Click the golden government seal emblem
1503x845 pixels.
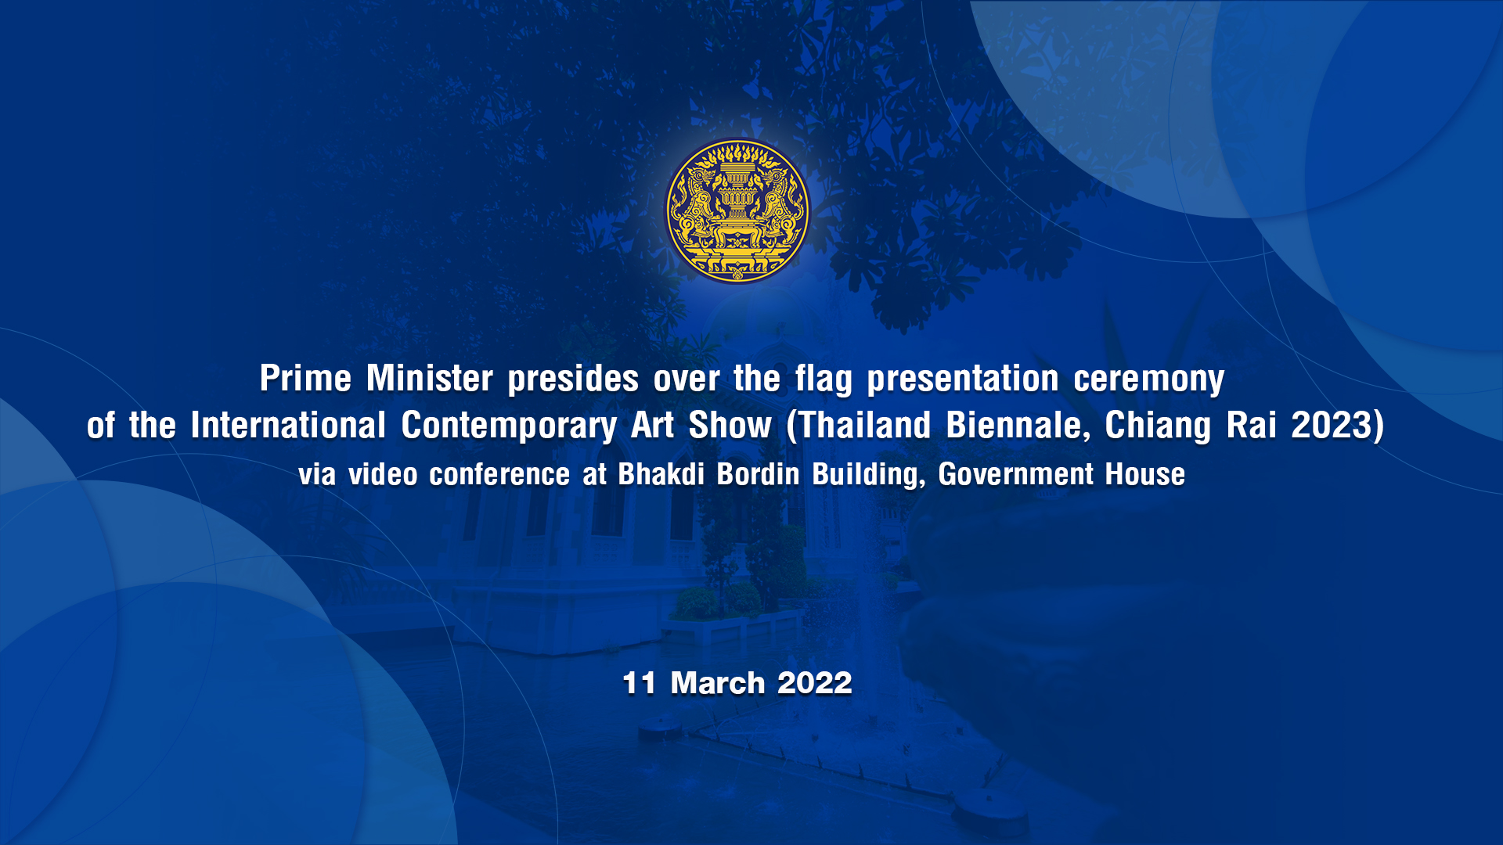point(737,210)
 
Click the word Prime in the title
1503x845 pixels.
point(305,379)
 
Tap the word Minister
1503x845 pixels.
point(430,379)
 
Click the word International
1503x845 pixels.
point(288,426)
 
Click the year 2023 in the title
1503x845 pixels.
point(1332,426)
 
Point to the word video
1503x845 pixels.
point(383,474)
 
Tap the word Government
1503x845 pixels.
point(1015,474)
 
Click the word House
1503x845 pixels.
point(1144,474)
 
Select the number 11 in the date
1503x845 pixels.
point(639,683)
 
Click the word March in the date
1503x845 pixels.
point(717,683)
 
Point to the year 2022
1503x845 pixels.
point(814,683)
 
